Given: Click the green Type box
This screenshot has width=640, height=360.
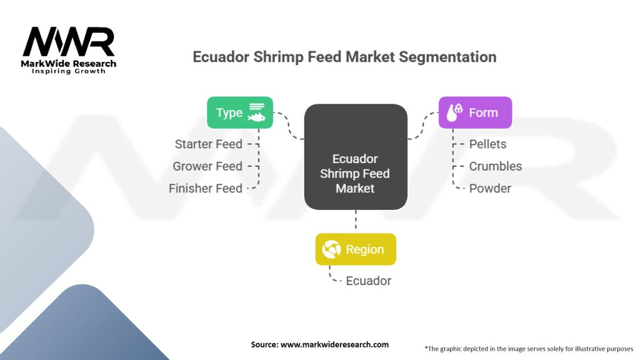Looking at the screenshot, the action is coord(240,112).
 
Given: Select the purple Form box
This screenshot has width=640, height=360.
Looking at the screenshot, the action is coord(475,112).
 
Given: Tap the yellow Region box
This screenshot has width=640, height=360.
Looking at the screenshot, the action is coord(356,249).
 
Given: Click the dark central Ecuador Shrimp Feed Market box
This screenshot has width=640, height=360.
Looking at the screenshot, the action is coord(356,157).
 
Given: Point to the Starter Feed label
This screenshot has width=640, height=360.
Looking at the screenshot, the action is coord(209,144).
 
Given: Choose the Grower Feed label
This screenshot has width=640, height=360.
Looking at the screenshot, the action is coord(207,166).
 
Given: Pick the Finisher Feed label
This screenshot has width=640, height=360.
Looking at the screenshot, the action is coord(205,189).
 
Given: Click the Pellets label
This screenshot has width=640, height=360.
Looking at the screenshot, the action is coord(487,144).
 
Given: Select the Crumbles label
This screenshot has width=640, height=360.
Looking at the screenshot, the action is coord(496,166).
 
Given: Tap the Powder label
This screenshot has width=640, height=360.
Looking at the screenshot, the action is coord(490,189).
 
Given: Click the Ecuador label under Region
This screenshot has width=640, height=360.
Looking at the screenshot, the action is coord(369,281).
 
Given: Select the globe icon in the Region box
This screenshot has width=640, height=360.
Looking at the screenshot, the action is coord(331,249).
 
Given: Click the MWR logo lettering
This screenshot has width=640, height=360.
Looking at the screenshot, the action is coord(69,42).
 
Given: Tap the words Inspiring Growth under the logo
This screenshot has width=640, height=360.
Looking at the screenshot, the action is coord(69,71).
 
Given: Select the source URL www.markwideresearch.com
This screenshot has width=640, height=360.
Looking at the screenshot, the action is coord(335,344).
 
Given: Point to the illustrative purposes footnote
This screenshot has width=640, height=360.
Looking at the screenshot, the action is coord(529,349).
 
